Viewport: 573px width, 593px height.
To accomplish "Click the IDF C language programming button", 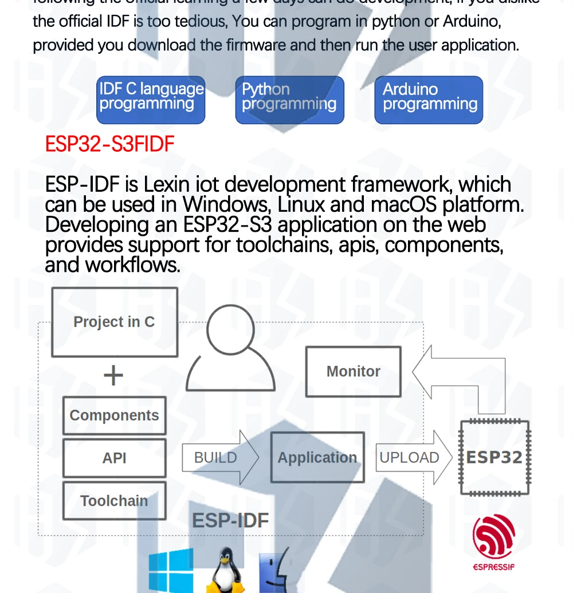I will (151, 100).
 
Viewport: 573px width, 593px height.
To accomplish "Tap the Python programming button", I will (289, 100).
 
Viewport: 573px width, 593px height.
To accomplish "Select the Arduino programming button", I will (429, 100).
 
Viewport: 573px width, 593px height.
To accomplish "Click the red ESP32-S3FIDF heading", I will (109, 144).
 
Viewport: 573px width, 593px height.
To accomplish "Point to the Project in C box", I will (115, 322).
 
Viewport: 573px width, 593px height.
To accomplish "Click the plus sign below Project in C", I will (113, 376).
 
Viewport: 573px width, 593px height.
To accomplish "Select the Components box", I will (115, 416).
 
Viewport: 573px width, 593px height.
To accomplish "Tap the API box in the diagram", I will (115, 458).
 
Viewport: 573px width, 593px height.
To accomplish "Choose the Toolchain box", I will (115, 501).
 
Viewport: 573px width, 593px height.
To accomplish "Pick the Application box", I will (317, 458).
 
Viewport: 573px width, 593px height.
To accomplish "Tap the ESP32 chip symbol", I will (494, 458).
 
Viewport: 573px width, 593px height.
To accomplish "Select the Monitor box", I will (353, 371).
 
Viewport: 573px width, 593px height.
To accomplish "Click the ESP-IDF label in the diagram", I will (230, 520).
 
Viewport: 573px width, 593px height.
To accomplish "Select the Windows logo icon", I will (171, 571).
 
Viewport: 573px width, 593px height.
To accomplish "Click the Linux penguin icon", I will (225, 571).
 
